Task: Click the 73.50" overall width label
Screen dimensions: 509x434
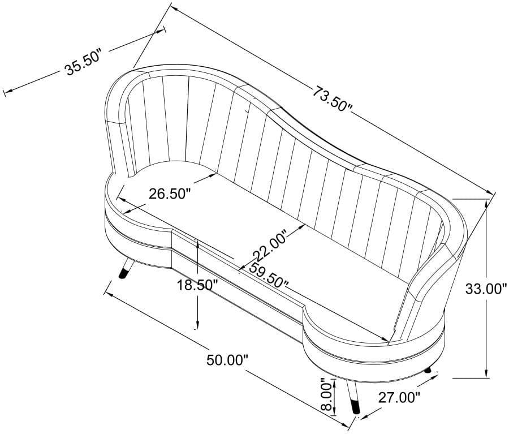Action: pyautogui.click(x=333, y=98)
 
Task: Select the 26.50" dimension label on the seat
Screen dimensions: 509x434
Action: pyautogui.click(x=169, y=194)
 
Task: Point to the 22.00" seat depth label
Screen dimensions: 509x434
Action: pyautogui.click(x=270, y=246)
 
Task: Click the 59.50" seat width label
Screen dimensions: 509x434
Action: pyautogui.click(x=269, y=275)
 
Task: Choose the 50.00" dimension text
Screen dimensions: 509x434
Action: pyautogui.click(x=227, y=360)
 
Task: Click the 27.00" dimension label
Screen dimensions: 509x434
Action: pyautogui.click(x=399, y=398)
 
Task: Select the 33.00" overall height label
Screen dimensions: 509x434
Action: pyautogui.click(x=486, y=289)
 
